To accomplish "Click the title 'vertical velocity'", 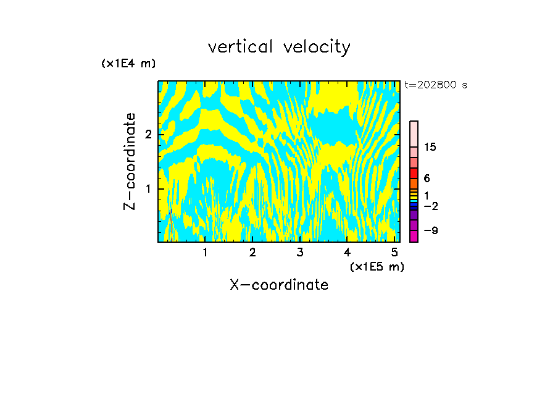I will (x=279, y=47).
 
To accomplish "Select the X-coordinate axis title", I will (x=279, y=285).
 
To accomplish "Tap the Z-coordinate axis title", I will (x=130, y=161).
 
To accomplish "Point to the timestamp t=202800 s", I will (x=436, y=85).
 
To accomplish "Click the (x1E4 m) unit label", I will (x=128, y=64).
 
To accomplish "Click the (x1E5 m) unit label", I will (x=377, y=266).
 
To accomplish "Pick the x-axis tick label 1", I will (x=205, y=253).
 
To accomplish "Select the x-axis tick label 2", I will (x=252, y=253).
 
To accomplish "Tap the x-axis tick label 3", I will (x=300, y=253).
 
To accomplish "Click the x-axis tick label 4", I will (x=348, y=253).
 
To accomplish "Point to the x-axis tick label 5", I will (x=394, y=253).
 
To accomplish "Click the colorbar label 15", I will (x=430, y=147).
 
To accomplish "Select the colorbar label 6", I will (x=427, y=179).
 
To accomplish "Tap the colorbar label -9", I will (x=430, y=230).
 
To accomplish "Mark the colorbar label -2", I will (x=430, y=206).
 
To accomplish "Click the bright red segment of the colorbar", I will (x=414, y=173).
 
